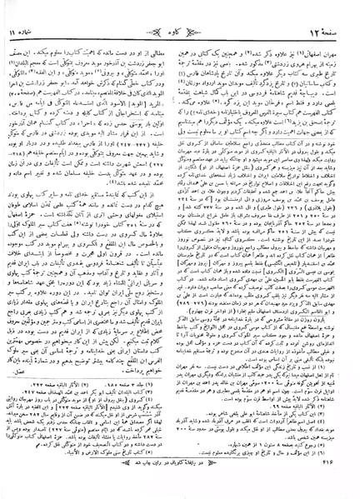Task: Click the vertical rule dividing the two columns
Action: tap(178, 250)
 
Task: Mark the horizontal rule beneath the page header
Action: tap(179, 19)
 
